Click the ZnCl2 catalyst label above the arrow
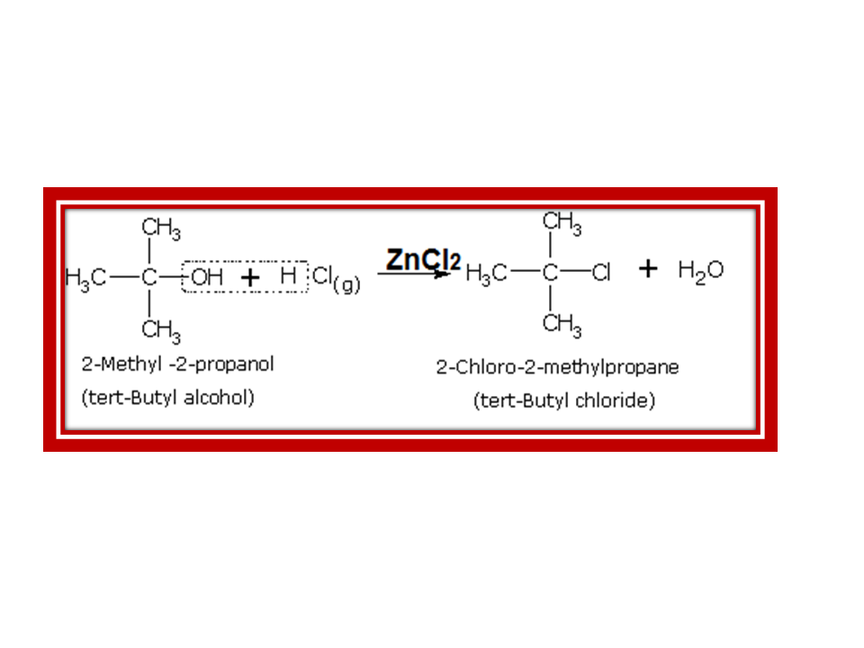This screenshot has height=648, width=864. click(x=423, y=259)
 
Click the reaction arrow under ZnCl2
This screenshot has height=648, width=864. click(x=412, y=274)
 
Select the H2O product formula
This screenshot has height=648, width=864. click(x=701, y=270)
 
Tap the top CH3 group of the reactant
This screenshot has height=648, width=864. click(x=161, y=230)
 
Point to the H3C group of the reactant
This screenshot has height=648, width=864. click(x=85, y=278)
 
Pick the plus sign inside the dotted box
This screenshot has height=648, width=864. click(x=250, y=278)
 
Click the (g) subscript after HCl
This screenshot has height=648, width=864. click(x=346, y=285)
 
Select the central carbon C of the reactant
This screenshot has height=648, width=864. click(x=149, y=278)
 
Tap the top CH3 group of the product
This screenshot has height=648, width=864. click(x=562, y=221)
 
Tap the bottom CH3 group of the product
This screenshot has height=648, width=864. click(x=562, y=324)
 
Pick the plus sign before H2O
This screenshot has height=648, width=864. click(x=648, y=269)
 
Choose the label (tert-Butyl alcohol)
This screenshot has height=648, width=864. click(x=168, y=397)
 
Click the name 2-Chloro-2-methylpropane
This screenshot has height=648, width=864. click(x=557, y=367)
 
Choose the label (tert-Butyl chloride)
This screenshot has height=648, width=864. click(x=564, y=401)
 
